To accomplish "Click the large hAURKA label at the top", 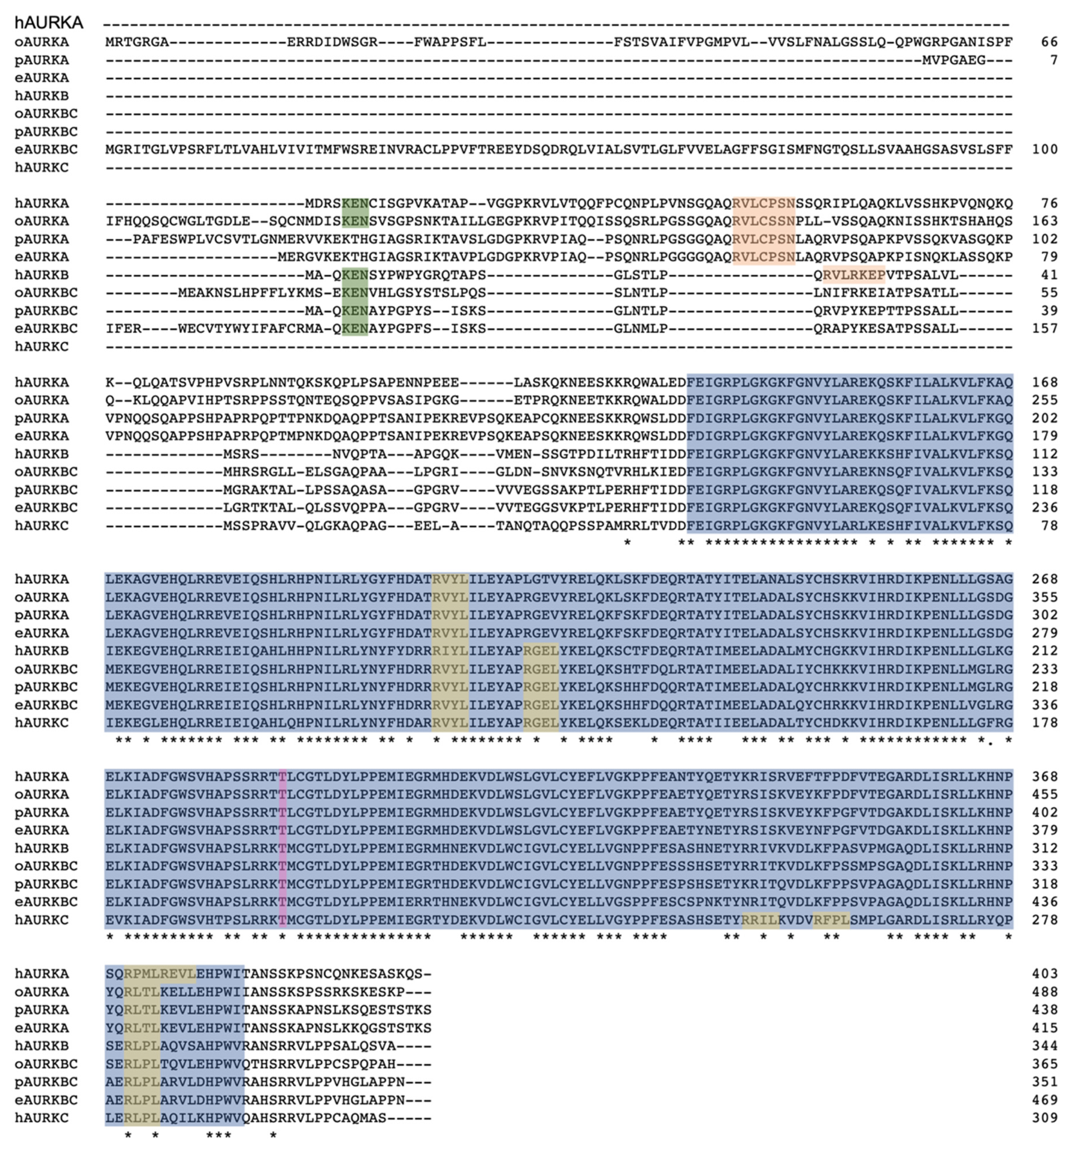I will (49, 23).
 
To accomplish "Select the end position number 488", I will (1045, 992).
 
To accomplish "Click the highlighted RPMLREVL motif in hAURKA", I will (160, 974).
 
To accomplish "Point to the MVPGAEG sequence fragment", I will (954, 60).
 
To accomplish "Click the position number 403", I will (1045, 974).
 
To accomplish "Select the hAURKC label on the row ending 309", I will (42, 1118).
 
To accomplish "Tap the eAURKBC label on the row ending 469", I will (46, 1100).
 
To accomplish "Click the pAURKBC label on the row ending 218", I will (46, 687).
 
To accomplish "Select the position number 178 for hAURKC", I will (1045, 722).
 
